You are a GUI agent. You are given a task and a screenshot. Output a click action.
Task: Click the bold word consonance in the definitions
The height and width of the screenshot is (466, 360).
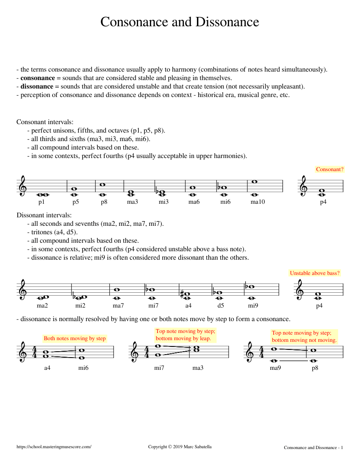click(x=38, y=78)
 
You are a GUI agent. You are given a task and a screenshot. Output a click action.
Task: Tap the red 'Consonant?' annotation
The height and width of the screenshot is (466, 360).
click(x=330, y=169)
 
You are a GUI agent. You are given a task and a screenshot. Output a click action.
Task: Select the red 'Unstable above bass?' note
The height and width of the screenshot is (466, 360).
click(x=315, y=273)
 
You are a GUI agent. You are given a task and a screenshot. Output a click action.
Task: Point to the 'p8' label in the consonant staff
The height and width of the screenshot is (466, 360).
click(x=104, y=202)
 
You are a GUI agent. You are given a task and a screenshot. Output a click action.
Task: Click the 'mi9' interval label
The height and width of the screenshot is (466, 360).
click(x=253, y=305)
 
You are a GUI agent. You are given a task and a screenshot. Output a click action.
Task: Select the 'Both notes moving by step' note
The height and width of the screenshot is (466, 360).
click(x=75, y=338)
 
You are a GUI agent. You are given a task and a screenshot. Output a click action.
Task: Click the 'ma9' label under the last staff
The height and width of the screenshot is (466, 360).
click(x=275, y=368)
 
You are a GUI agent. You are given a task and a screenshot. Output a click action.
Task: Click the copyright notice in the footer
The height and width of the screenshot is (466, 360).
click(x=180, y=447)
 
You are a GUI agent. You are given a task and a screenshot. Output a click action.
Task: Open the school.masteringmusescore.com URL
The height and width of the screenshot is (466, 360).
click(x=54, y=447)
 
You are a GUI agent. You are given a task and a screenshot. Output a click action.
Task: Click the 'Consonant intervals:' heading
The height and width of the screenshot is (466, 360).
click(x=45, y=122)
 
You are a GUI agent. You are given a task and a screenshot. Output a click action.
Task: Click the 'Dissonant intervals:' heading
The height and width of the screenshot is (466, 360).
click(x=44, y=215)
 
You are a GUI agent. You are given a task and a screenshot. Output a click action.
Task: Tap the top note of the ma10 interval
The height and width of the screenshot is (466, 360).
click(x=254, y=182)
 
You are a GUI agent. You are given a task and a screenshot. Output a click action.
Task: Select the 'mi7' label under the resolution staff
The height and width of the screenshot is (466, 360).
click(x=159, y=368)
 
